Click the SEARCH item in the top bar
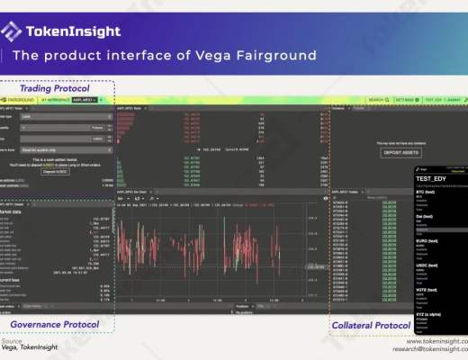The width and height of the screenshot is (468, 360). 376,100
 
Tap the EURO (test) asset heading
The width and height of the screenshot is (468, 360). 415,240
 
